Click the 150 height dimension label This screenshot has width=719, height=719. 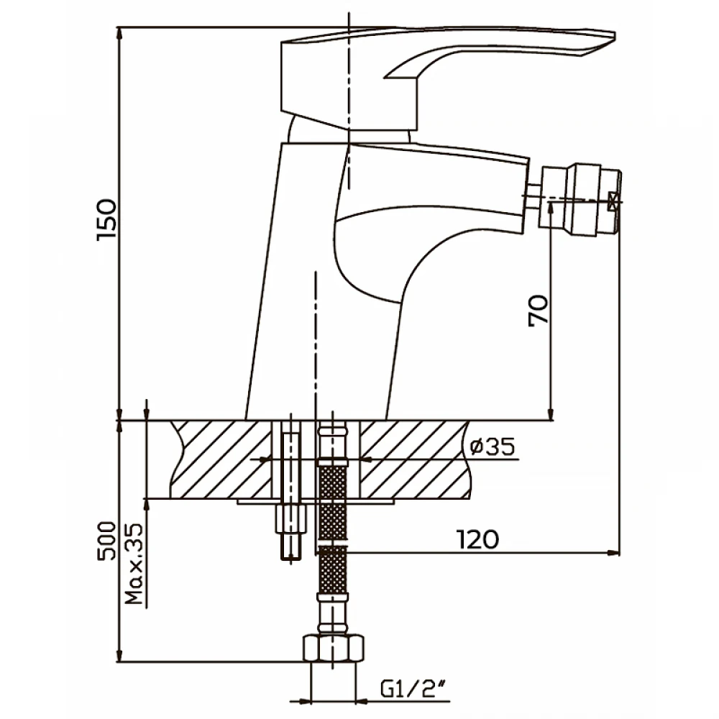(x=106, y=219)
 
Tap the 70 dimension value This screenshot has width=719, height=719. (x=538, y=310)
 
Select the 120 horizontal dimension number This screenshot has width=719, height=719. (x=477, y=539)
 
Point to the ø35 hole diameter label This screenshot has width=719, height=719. (x=492, y=446)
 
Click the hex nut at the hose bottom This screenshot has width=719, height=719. (x=334, y=649)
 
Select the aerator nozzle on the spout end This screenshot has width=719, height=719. (x=580, y=200)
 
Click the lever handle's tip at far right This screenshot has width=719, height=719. (x=614, y=35)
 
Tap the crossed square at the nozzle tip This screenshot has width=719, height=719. (x=613, y=201)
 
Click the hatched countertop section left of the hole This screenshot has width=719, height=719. (x=222, y=459)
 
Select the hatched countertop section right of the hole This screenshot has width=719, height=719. (x=415, y=459)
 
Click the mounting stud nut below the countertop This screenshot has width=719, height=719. (x=290, y=518)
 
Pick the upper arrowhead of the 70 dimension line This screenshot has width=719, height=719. (x=551, y=207)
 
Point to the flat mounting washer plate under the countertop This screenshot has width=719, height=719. (x=316, y=502)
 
